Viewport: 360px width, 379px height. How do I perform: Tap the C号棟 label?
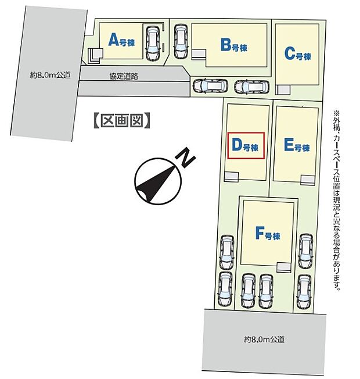pos(297,55)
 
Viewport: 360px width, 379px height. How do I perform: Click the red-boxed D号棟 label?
pos(244,146)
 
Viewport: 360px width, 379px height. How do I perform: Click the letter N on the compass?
pos(185,159)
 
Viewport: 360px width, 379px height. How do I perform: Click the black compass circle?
pos(153,181)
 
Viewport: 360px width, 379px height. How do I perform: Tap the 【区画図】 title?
pos(122,120)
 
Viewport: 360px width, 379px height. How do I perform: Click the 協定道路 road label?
pos(123,76)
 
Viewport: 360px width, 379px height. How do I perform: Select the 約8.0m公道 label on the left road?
pos(51,74)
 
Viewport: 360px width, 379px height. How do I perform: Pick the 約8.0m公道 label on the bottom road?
pos(265,339)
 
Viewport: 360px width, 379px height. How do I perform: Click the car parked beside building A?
pos(153,43)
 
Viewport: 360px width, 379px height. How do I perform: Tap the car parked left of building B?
pos(181,42)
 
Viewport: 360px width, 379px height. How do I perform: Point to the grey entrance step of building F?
pos(284,266)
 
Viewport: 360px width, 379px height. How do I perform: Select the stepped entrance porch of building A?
pos(94,55)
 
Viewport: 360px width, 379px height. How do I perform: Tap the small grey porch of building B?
pos(199,54)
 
